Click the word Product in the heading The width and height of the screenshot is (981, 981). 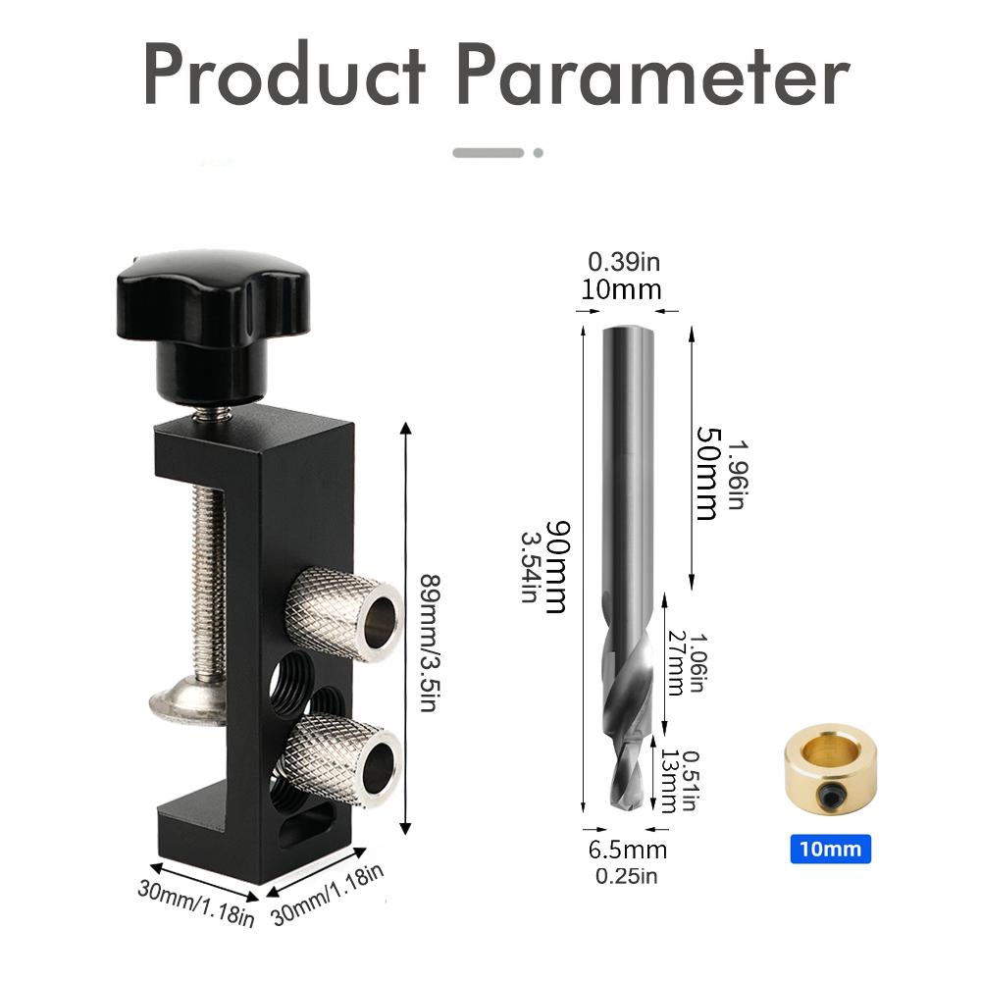click(x=284, y=76)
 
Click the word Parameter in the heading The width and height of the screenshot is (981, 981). click(x=654, y=76)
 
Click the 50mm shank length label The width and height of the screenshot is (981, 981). click(x=707, y=472)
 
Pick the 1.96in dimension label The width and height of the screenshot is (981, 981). click(x=738, y=472)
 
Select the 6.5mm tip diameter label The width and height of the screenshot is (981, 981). click(x=628, y=850)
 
